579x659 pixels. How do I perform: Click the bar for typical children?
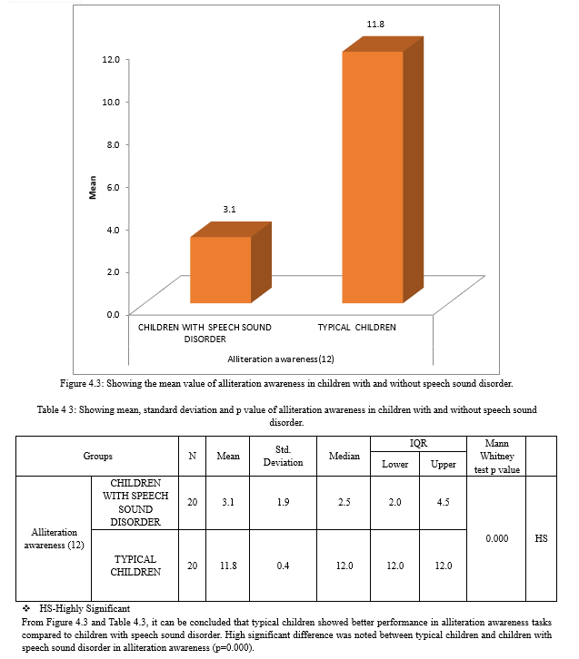(373, 177)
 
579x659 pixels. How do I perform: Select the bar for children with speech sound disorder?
(220, 270)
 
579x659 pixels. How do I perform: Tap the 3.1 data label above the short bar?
(229, 210)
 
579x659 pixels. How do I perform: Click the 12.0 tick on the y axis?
(111, 59)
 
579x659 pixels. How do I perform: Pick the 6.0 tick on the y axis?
(113, 187)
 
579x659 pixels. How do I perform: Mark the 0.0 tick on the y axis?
(113, 314)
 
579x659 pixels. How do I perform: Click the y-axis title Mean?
(92, 187)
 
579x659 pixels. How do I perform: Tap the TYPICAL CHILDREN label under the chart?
(357, 327)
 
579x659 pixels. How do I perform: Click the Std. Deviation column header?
(283, 456)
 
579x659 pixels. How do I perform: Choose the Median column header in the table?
(344, 456)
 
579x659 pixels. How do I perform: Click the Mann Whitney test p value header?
(496, 456)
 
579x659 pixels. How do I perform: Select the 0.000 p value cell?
(496, 538)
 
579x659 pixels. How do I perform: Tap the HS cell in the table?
(542, 538)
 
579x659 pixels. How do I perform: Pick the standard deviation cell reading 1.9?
(283, 502)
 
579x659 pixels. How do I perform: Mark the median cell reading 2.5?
(344, 502)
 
